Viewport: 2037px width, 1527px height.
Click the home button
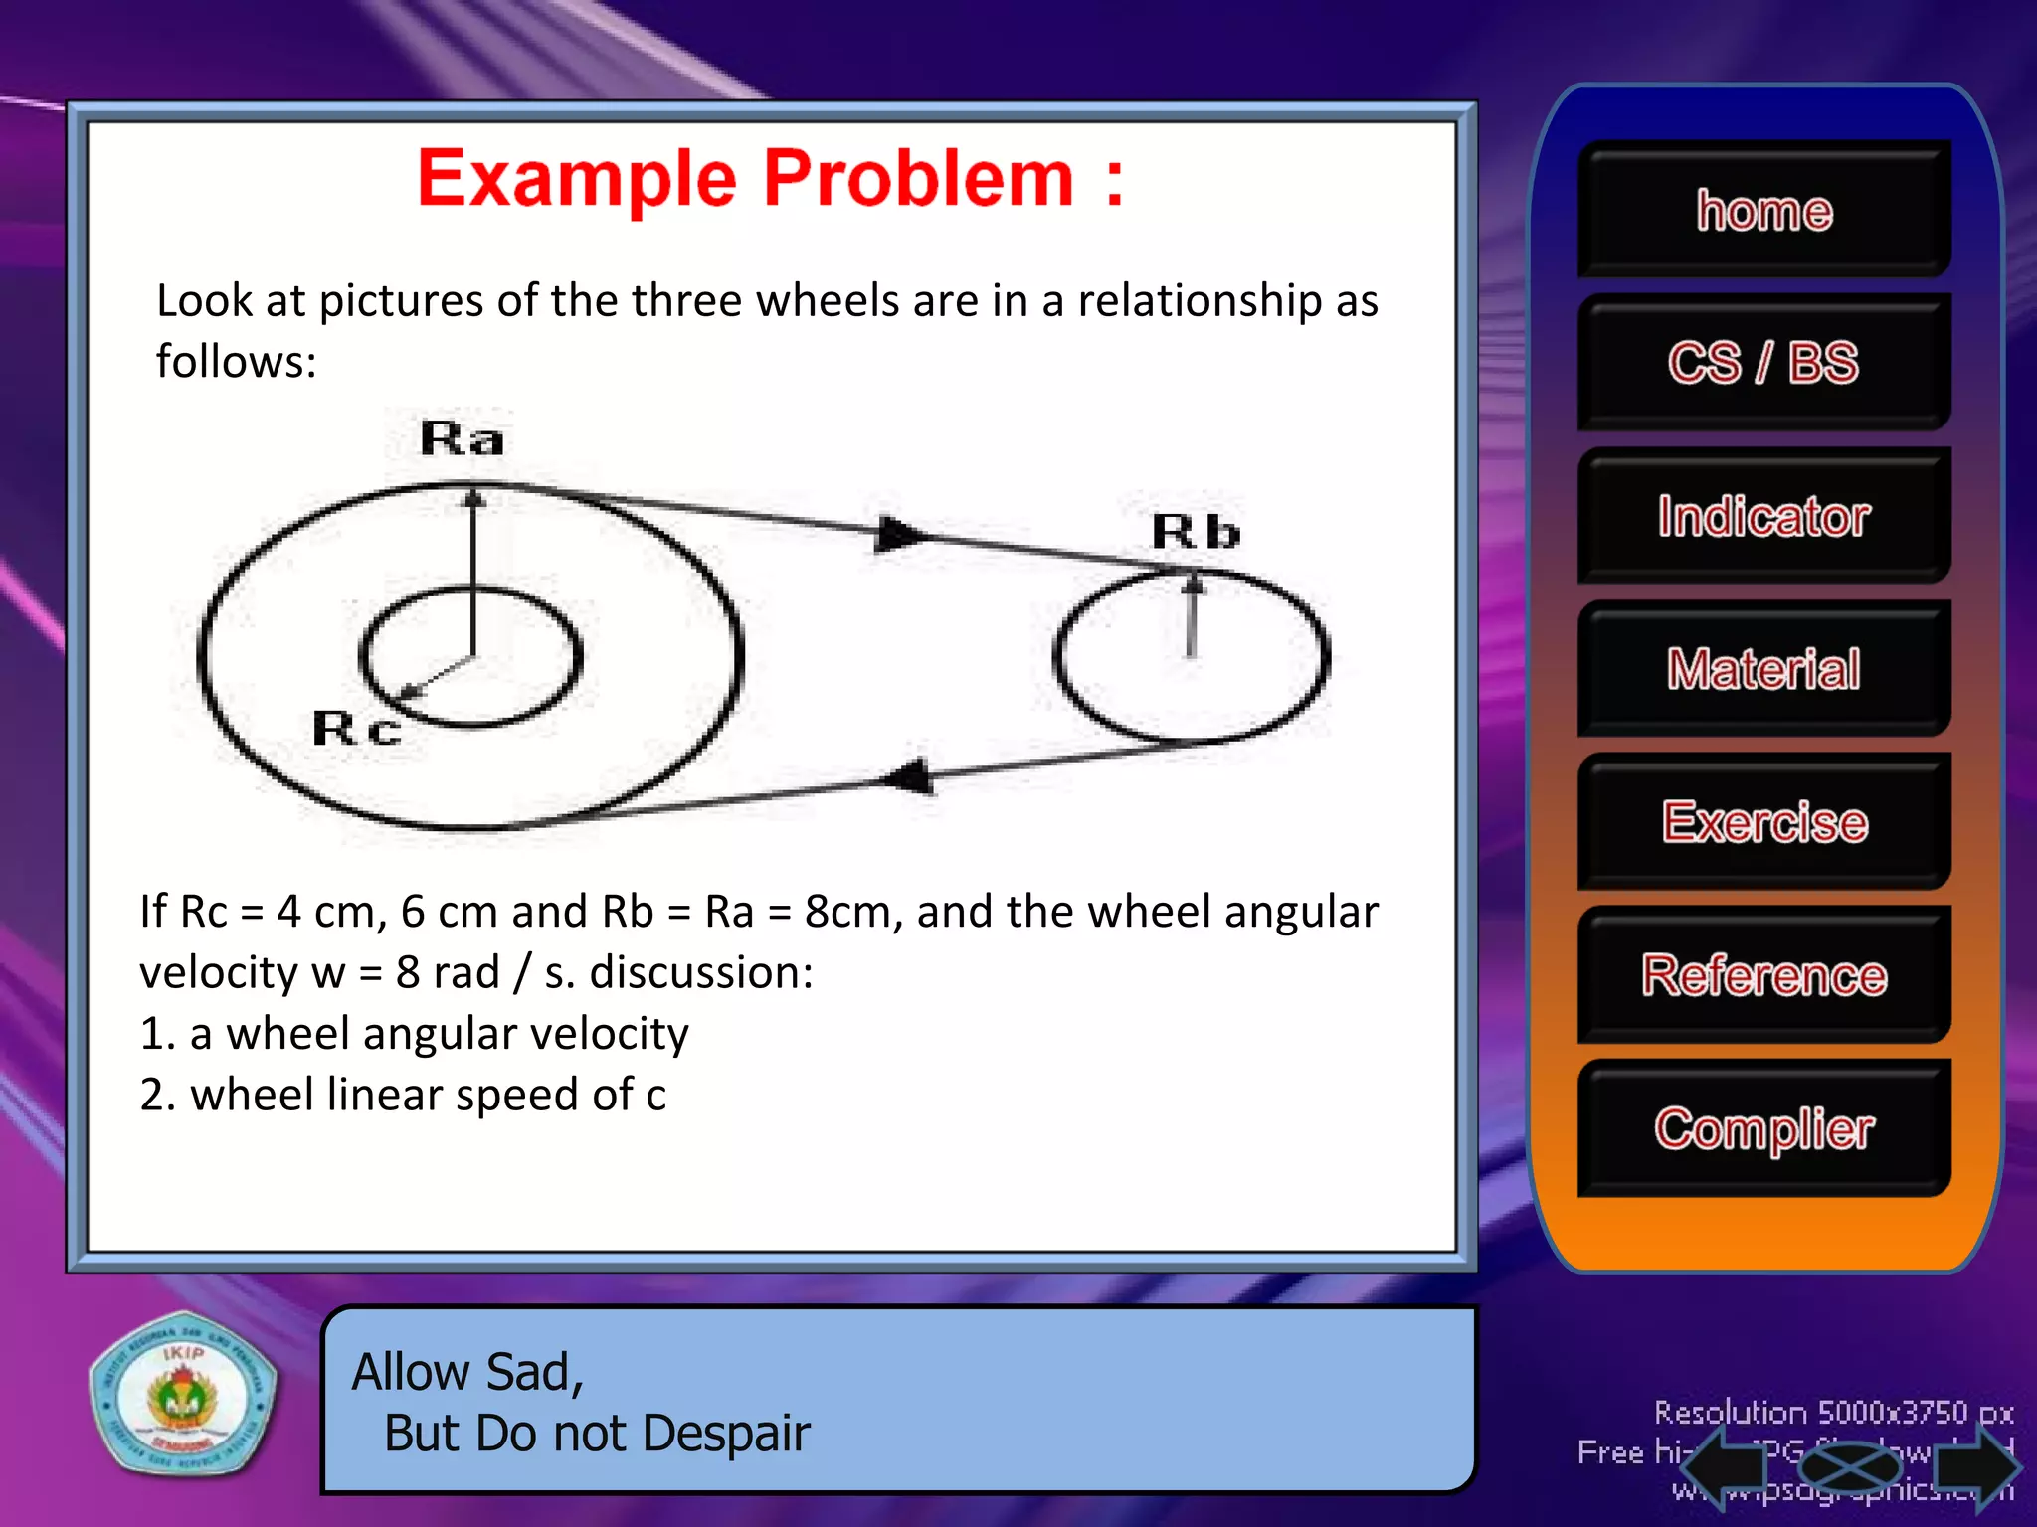[1763, 209]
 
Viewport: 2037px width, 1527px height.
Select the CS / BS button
[1763, 362]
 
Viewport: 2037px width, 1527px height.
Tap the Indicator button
[1763, 515]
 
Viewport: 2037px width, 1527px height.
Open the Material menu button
[1763, 668]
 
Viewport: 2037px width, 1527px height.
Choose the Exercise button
[1763, 821]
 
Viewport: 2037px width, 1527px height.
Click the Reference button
[1763, 974]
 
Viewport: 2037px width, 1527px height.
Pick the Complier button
[1763, 1128]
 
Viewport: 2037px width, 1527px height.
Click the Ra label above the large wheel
[462, 438]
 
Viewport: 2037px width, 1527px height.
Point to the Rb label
[1196, 532]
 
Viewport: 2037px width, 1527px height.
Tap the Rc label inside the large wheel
[356, 729]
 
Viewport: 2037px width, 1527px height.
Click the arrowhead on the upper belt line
[901, 535]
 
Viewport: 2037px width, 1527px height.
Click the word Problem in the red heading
[919, 179]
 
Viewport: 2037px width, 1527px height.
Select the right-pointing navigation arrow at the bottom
[1977, 1465]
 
